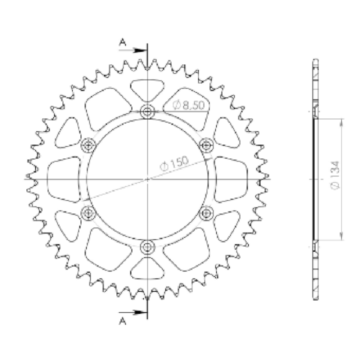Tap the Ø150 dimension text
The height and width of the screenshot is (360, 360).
(x=174, y=164)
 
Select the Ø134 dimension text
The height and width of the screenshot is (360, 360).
(x=335, y=179)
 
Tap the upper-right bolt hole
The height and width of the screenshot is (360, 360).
(x=206, y=144)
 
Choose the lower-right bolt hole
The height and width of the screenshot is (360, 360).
(x=206, y=213)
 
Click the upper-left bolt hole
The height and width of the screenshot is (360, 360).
(x=89, y=145)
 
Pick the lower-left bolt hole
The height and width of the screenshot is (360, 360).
(x=89, y=213)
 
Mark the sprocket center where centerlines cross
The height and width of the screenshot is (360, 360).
(x=147, y=178)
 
